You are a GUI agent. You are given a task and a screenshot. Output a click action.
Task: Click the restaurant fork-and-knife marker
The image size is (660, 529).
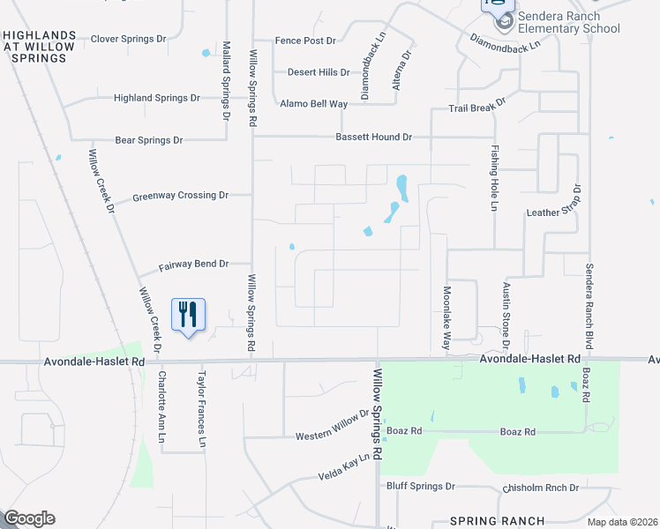click(188, 315)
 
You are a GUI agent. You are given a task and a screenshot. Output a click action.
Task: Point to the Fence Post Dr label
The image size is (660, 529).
click(305, 41)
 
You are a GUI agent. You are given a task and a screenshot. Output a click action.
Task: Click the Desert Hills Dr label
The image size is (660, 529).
click(319, 72)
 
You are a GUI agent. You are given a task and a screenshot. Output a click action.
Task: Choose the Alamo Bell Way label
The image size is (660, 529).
click(313, 103)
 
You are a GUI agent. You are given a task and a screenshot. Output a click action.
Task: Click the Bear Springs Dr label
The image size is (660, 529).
click(148, 139)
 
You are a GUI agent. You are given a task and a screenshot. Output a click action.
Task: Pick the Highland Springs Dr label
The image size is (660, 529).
click(156, 98)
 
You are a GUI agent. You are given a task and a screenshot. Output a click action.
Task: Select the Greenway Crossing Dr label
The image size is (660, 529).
click(180, 196)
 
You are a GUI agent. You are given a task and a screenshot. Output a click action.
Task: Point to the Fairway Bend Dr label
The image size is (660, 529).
click(192, 264)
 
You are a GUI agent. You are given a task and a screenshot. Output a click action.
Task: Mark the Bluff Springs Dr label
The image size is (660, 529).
click(420, 486)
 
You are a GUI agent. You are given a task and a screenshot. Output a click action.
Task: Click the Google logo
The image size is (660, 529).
click(29, 518)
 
